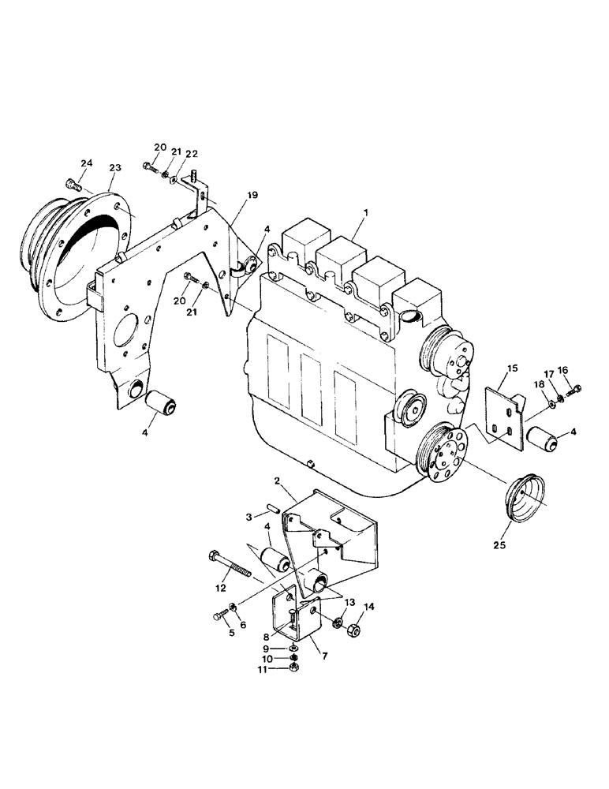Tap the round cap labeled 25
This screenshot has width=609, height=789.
click(526, 496)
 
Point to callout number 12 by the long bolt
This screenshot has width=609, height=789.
click(221, 588)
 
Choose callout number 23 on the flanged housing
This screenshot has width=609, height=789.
click(115, 168)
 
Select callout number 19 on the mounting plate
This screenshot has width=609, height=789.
click(252, 194)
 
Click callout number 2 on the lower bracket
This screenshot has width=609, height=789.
click(278, 480)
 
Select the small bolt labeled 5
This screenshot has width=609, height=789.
click(219, 616)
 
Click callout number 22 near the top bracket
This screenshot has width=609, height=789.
click(192, 154)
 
